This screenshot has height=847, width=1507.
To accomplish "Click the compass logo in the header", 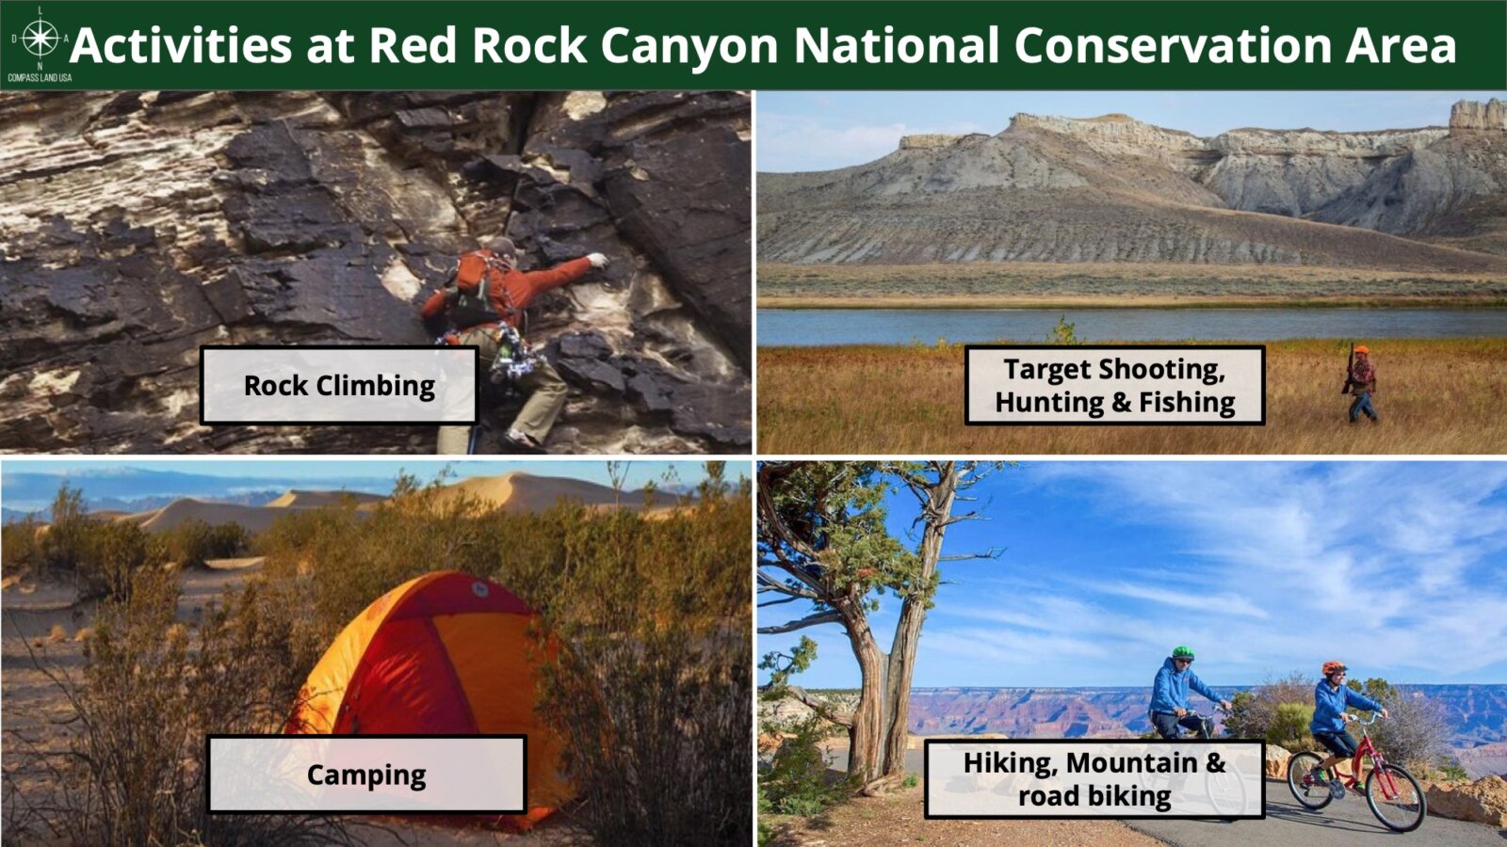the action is click(41, 38).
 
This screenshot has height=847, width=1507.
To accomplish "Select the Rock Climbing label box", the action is click(339, 385).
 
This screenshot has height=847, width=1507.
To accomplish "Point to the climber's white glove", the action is click(597, 260).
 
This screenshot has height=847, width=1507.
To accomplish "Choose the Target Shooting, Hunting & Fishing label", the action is click(1115, 385).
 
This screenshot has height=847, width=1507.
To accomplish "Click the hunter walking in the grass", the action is click(1360, 384).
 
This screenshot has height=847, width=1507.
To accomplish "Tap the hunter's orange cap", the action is click(1362, 350).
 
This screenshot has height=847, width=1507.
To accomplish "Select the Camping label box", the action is click(366, 775).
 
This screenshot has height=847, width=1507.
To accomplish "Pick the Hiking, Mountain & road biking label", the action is click(1094, 779).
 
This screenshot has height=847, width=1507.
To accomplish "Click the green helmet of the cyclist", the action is click(1183, 653).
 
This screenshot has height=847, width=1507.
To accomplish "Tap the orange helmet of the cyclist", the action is click(1334, 667).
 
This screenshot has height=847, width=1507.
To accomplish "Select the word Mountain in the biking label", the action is click(1131, 763).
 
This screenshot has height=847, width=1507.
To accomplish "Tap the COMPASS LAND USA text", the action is click(40, 78).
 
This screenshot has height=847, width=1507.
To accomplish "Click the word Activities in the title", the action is click(181, 46).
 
